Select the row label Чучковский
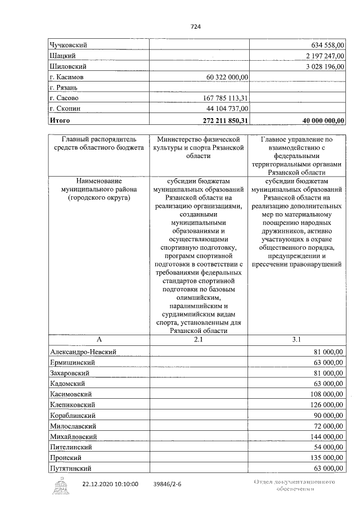[x=70, y=45]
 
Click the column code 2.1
[x=198, y=340]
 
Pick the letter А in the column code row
[x=99, y=340]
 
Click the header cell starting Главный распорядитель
[x=99, y=143]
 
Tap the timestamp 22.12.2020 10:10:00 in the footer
[x=110, y=484]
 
